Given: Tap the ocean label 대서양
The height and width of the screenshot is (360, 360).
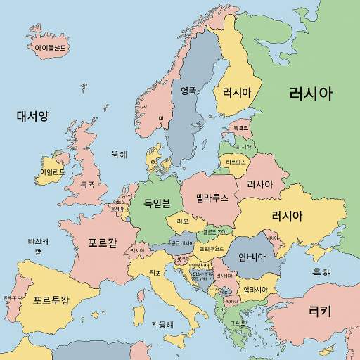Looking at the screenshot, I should point(32,115).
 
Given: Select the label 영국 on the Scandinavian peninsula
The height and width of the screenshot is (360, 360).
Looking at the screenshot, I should point(188,90).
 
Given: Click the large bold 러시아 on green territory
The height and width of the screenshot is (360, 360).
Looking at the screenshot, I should point(310,94).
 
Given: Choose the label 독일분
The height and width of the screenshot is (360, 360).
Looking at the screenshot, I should point(157,204).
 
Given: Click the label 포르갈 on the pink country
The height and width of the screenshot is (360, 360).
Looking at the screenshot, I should point(103,244).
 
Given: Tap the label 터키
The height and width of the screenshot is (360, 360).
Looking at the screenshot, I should point(320,309).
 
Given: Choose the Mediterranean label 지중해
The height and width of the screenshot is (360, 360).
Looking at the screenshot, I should point(162,325).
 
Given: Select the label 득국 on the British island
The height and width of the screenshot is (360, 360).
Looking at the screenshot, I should point(87,184).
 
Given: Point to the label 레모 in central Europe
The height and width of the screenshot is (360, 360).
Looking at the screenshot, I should point(183,221).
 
